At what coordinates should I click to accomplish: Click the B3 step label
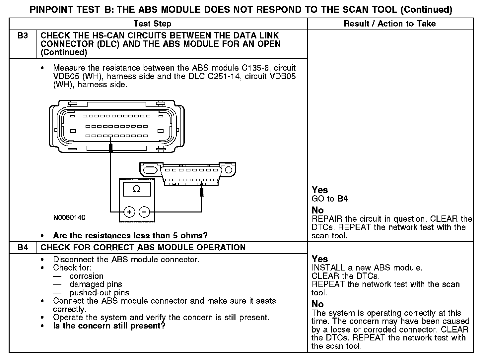(23, 36)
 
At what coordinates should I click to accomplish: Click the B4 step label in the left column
(23, 248)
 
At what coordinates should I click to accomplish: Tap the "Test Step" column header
(152, 24)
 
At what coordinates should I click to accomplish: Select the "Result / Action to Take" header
(390, 24)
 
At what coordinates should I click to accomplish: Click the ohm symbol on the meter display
(136, 189)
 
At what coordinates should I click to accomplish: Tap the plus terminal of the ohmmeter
(129, 211)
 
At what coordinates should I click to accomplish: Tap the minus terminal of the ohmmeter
(144, 211)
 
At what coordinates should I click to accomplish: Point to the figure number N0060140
(69, 217)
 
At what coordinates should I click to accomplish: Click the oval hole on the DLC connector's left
(150, 170)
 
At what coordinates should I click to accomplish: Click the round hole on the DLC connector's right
(229, 170)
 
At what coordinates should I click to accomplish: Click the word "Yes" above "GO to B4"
(320, 190)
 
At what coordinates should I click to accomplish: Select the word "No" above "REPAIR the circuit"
(317, 210)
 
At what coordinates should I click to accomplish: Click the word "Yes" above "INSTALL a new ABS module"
(320, 259)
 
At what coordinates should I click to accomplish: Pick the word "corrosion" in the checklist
(87, 276)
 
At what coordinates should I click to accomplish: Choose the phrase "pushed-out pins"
(99, 293)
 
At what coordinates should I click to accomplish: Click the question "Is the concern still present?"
(109, 326)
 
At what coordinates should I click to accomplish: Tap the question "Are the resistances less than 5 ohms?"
(130, 236)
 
